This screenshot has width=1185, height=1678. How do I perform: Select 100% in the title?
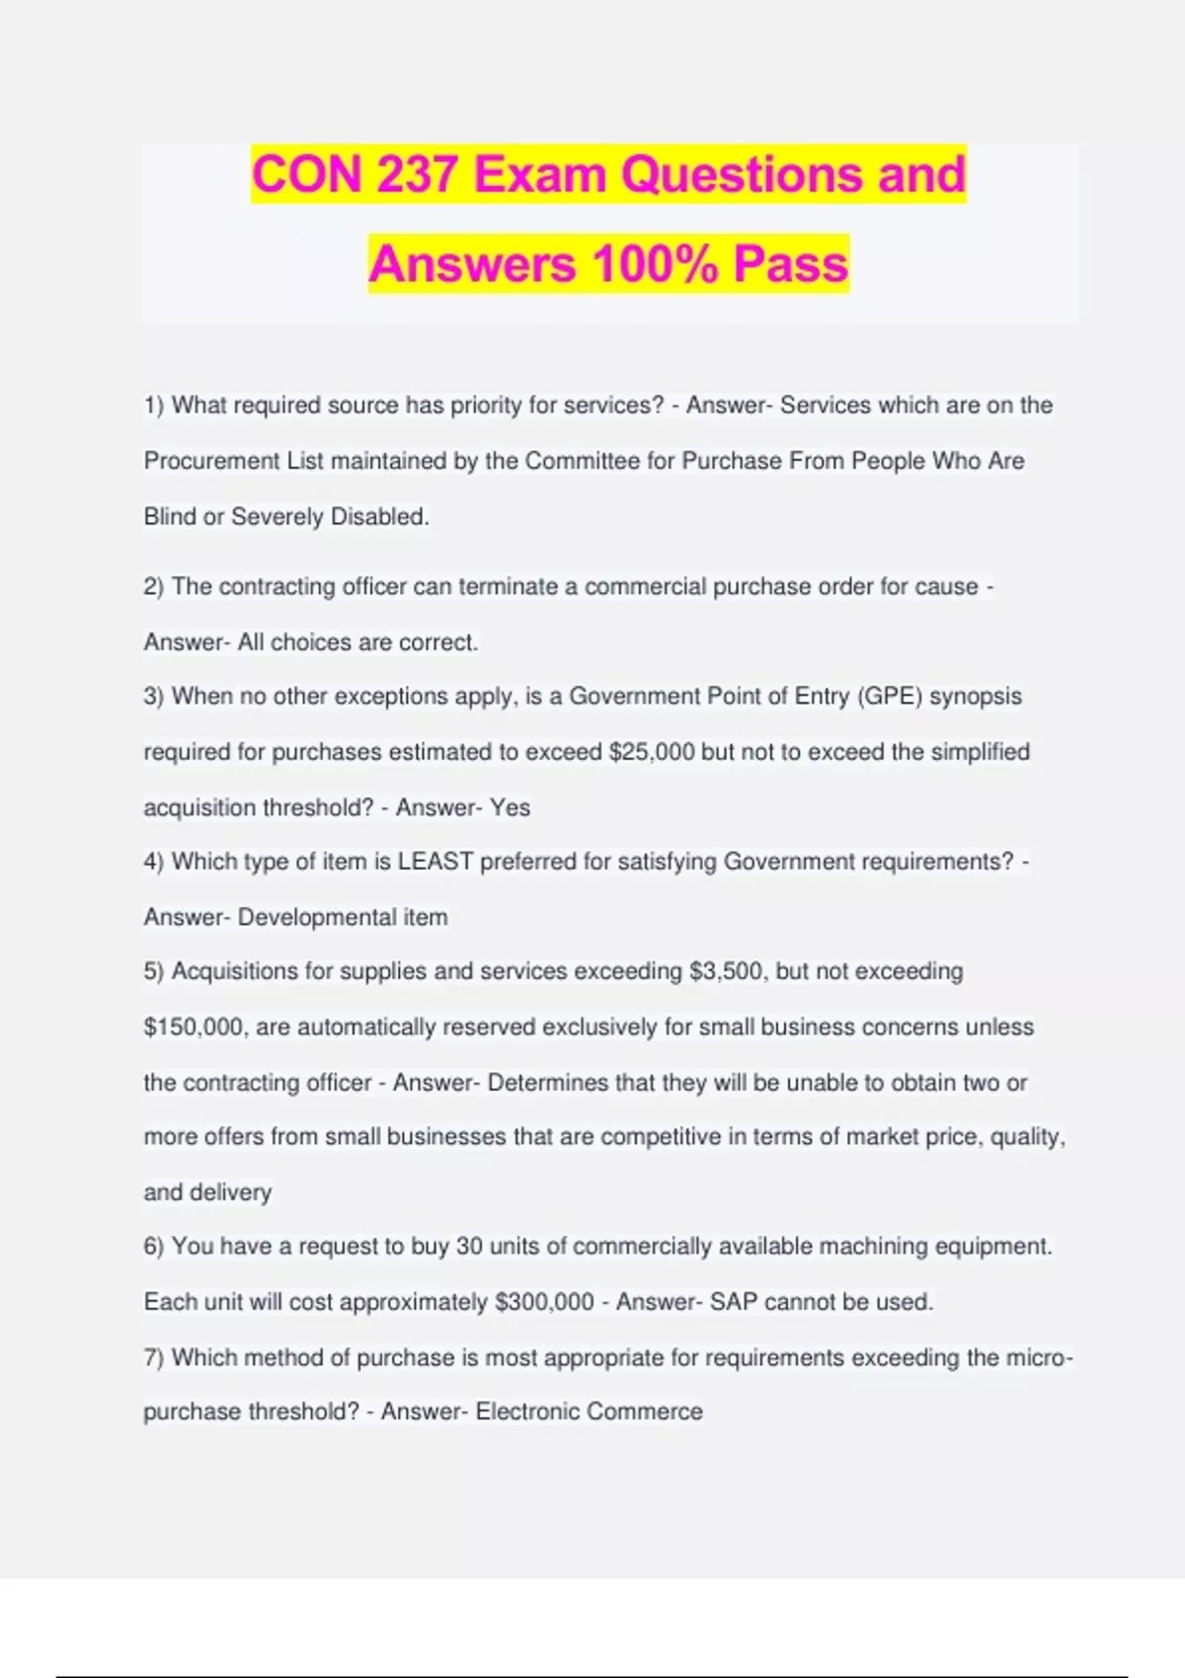655,264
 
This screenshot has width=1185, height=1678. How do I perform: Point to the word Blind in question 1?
170,516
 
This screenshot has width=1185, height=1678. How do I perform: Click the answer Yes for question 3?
510,807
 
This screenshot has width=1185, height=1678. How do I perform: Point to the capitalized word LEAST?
435,862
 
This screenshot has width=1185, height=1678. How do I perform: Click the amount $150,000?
194,1028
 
